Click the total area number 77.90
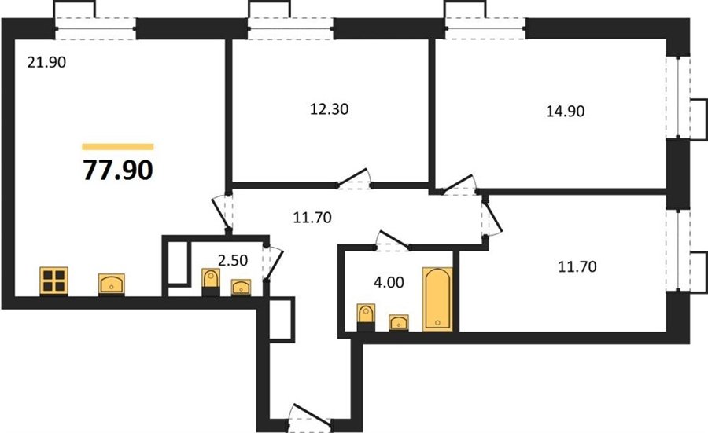pos(118,170)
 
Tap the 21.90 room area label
pos(46,62)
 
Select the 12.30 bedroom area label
pos(329,109)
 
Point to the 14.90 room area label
pos(566,111)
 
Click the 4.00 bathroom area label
pos(389,282)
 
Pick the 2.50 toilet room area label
pos(233,260)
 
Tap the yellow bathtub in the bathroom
pos(437,299)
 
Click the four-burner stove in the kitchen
pos(53,281)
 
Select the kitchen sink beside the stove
pos(112,284)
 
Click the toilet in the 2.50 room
pos(210,282)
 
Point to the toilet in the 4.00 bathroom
pos(366,317)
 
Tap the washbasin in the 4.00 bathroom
pos(399,322)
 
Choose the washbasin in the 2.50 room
pos(241,287)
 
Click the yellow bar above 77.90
pos(118,147)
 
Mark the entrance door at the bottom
pos(310,415)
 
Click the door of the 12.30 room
pos(354,178)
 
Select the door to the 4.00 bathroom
pos(393,240)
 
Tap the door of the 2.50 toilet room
pos(273,263)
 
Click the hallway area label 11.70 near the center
pos(312,218)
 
